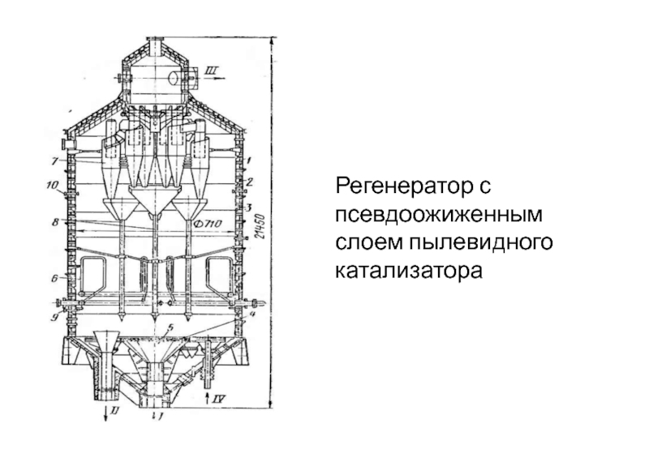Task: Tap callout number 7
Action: pyautogui.click(x=54, y=160)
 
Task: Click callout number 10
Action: pyautogui.click(x=54, y=186)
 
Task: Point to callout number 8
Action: pyautogui.click(x=54, y=220)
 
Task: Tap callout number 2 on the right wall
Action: pyautogui.click(x=251, y=182)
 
